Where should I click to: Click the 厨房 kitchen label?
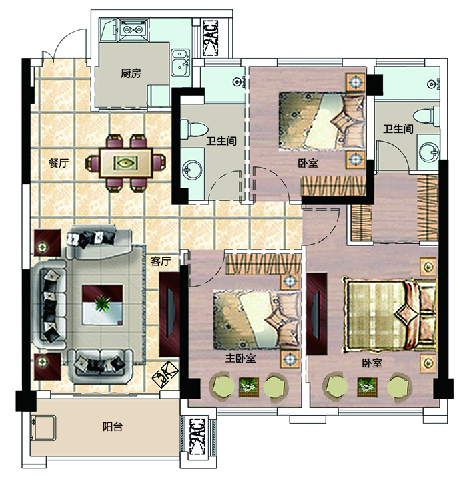pos(131,73)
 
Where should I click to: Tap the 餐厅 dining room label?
pos(58,163)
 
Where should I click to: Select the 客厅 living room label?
pos(161,261)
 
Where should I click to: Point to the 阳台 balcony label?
pos(113,426)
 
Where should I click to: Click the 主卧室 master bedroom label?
pos(240,358)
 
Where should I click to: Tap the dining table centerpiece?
pos(125,162)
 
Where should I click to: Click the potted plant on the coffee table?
pos(102,303)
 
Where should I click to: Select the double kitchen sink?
pos(180,63)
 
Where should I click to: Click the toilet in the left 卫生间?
pos(194,129)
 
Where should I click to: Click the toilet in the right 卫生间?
pos(426,116)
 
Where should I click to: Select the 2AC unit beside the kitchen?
pos(211,38)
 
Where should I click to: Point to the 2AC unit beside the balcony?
pos(197,436)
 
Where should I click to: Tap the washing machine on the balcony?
pos(43,428)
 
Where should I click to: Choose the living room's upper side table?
pos(47,243)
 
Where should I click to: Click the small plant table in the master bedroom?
pos(249,387)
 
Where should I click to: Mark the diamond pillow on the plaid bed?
pos(407,315)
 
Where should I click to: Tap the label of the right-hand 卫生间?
pos(398,128)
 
